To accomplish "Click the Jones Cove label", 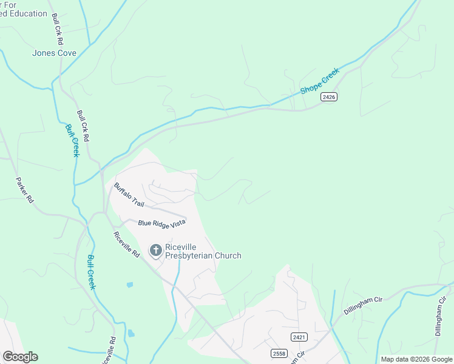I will point(54,53).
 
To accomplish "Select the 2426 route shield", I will point(329,97).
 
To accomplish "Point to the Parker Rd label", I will point(24,190).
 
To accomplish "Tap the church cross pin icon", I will point(156,249).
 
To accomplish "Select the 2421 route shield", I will point(298,337).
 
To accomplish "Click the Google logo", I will point(20,357).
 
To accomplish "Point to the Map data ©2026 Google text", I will point(416,359).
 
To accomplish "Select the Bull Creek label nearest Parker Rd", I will point(72,141).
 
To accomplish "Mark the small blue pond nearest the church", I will point(130,284).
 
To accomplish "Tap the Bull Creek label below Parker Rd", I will point(91,271).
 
